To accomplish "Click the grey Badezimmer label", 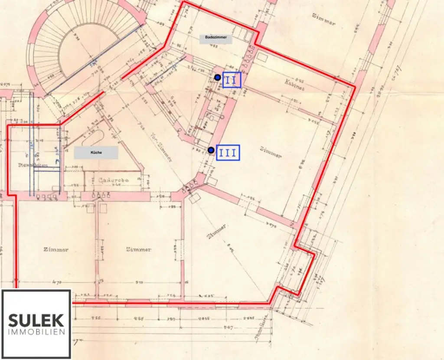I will click(216, 38).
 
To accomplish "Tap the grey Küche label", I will click(96, 152).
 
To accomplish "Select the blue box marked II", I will click(232, 80).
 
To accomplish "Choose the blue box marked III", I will click(228, 153).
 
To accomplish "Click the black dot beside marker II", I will click(218, 77).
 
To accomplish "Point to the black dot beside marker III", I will click(211, 151).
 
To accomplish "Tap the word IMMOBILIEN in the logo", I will click(36, 332).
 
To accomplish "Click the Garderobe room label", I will click(112, 180).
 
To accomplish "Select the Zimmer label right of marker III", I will click(271, 152).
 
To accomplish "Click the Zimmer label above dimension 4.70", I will click(55, 249).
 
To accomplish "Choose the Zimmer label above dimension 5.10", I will click(139, 249).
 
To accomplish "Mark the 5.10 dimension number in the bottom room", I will click(139, 283).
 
